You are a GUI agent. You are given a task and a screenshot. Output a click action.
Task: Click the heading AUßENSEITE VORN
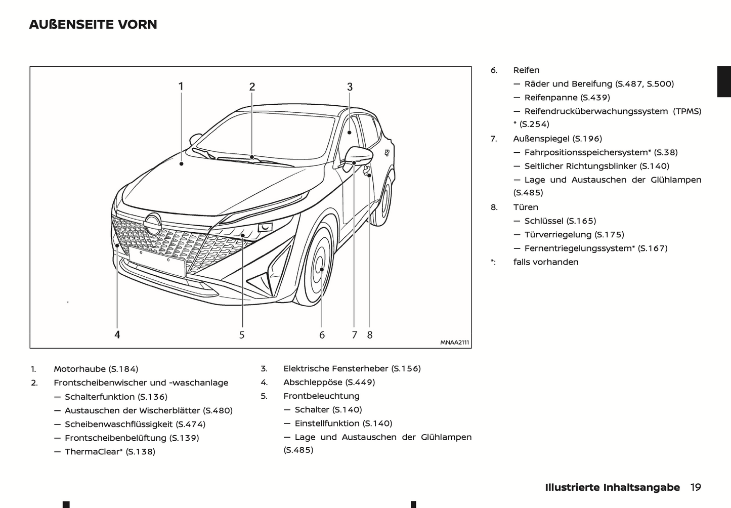[93, 24]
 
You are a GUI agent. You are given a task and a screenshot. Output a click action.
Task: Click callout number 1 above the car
[181, 87]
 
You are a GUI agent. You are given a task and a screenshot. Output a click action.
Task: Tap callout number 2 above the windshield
[252, 87]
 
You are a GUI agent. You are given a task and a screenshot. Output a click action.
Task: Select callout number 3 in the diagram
[350, 87]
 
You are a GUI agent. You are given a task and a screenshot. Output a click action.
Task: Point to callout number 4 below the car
[117, 334]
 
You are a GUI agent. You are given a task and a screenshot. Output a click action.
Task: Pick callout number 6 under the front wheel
[322, 335]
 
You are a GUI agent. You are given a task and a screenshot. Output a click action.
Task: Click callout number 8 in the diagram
[370, 335]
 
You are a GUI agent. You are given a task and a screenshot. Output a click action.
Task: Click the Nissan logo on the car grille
[152, 223]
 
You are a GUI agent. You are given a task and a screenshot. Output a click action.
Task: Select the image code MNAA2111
[454, 343]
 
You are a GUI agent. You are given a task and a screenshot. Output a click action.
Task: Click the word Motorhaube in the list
[79, 369]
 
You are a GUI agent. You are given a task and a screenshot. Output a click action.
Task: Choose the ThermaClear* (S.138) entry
[110, 452]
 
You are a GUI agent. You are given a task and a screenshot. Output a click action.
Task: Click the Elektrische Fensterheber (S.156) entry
[352, 369]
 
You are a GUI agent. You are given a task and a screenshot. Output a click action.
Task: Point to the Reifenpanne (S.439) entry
[567, 98]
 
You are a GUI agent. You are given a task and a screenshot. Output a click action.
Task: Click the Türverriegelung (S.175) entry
[574, 235]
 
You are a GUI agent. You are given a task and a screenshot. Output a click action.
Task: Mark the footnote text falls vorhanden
[545, 262]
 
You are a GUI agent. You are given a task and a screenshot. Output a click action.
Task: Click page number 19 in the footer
[696, 487]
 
